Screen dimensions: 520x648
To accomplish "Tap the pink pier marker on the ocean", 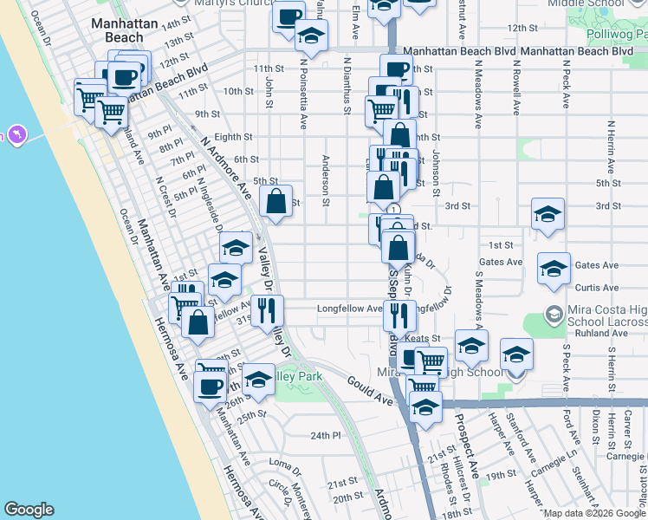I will [16, 135].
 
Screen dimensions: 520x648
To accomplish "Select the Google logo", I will [29, 510].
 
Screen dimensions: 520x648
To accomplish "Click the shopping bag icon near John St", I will [275, 202].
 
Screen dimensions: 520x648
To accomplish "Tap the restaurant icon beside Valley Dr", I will [267, 310].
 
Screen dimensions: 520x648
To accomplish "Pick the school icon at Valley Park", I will [258, 378].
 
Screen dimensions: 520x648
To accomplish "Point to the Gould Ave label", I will [372, 390].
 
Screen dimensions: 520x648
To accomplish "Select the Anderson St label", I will [327, 180].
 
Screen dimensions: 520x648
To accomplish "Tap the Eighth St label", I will [233, 137].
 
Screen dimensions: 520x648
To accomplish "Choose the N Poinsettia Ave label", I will [305, 88].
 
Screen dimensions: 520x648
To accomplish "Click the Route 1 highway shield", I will [394, 209].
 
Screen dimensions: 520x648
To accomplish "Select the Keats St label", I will [424, 338].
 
